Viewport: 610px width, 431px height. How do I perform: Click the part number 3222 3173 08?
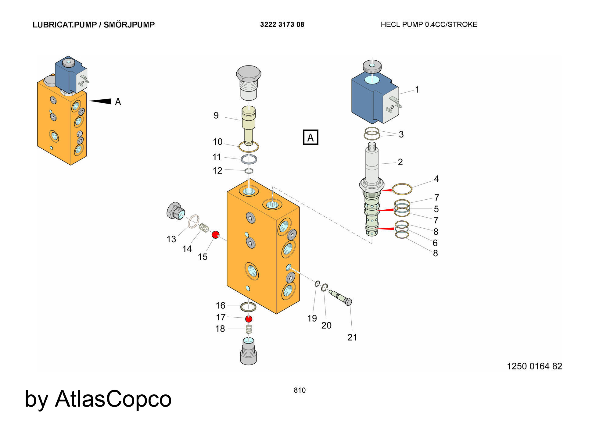282,25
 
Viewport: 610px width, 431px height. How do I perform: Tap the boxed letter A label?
310,137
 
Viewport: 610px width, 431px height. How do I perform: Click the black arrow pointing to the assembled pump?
100,101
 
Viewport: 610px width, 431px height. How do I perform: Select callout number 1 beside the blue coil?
417,90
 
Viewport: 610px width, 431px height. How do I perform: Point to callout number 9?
216,116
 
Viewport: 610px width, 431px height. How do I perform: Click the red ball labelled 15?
216,235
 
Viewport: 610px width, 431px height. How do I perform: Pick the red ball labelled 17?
249,319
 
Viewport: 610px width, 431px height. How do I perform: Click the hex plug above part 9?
249,83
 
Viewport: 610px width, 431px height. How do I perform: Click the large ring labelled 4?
402,189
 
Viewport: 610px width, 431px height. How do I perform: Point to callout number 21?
352,337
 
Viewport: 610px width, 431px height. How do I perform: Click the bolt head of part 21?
348,302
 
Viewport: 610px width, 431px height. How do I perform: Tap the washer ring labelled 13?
193,221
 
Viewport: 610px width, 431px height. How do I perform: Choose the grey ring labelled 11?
249,159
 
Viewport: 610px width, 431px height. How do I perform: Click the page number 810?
300,390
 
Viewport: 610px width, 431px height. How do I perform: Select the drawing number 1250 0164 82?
534,366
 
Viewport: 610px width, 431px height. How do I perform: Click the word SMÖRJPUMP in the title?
129,25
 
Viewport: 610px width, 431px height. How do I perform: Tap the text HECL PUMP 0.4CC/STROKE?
429,25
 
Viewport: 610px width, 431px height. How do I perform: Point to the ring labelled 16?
248,307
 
